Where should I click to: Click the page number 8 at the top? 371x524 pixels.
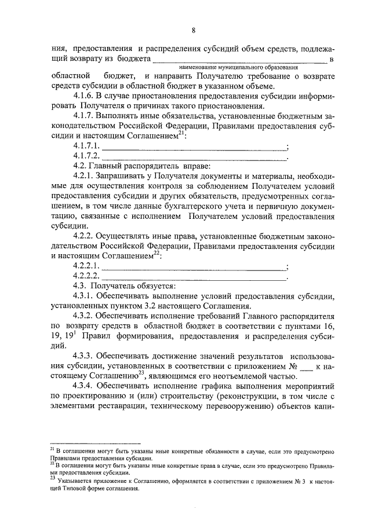(x=194, y=31)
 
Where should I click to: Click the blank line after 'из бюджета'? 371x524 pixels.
(x=240, y=60)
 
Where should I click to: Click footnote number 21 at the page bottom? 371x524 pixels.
(x=52, y=449)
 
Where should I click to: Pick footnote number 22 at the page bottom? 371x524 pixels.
(x=52, y=463)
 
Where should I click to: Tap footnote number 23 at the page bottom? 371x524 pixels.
(x=52, y=478)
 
